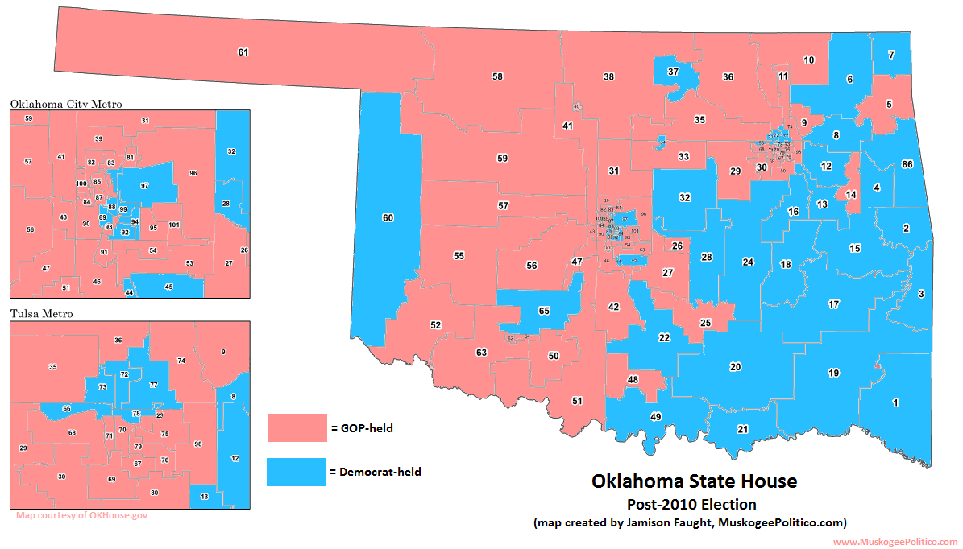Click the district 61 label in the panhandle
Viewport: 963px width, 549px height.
[243, 52]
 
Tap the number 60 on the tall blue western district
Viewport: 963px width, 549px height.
[388, 218]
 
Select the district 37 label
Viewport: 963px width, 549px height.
[673, 72]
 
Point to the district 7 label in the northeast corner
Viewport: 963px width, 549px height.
[891, 55]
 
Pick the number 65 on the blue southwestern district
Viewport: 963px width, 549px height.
[544, 311]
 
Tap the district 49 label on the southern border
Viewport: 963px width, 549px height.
[655, 416]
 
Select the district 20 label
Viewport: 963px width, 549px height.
[735, 367]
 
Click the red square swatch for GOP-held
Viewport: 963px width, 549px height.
[295, 428]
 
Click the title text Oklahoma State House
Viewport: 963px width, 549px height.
[694, 481]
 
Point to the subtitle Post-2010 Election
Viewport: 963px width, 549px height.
[691, 505]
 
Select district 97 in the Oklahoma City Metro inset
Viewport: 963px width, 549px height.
[144, 185]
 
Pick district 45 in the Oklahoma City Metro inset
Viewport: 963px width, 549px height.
[168, 287]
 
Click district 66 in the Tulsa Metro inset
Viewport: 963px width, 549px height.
[66, 409]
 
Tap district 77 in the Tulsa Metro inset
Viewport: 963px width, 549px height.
[153, 385]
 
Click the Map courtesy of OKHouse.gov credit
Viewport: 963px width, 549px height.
[81, 515]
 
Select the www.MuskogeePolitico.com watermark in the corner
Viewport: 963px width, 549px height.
[895, 542]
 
